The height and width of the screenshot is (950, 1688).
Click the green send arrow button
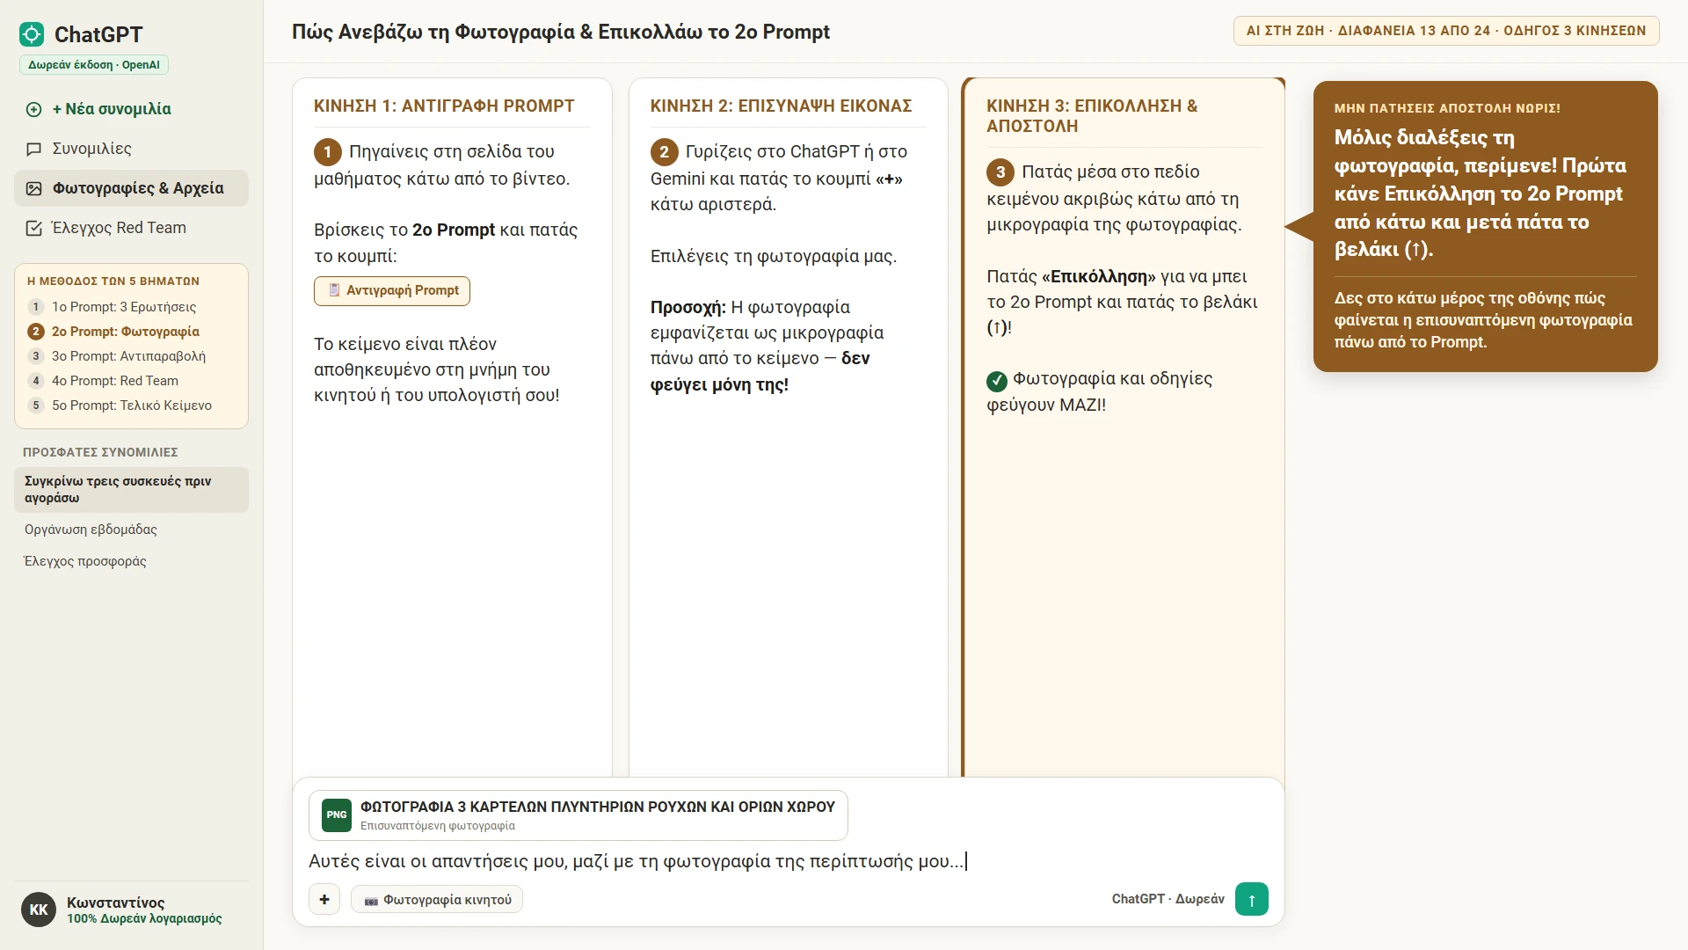coord(1251,899)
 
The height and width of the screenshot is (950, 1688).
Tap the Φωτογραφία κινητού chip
coord(437,899)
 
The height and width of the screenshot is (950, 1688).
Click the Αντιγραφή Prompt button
coord(392,291)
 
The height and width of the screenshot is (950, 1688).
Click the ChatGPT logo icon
coord(32,34)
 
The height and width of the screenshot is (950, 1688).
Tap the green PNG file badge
coord(337,815)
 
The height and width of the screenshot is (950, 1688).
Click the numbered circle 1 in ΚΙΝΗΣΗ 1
coord(328,152)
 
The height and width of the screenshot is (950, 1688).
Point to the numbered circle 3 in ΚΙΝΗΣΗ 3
coord(1000,172)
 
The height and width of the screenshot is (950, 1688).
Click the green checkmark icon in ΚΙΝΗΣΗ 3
coord(997,381)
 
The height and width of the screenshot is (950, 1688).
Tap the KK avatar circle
coord(39,910)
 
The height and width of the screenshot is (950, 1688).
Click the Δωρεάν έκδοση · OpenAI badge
coord(94,65)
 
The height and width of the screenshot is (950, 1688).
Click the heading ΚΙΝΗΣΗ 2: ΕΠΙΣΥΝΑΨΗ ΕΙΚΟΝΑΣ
coord(781,106)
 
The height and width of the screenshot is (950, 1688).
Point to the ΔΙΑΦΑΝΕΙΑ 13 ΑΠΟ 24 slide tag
coord(1415,31)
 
